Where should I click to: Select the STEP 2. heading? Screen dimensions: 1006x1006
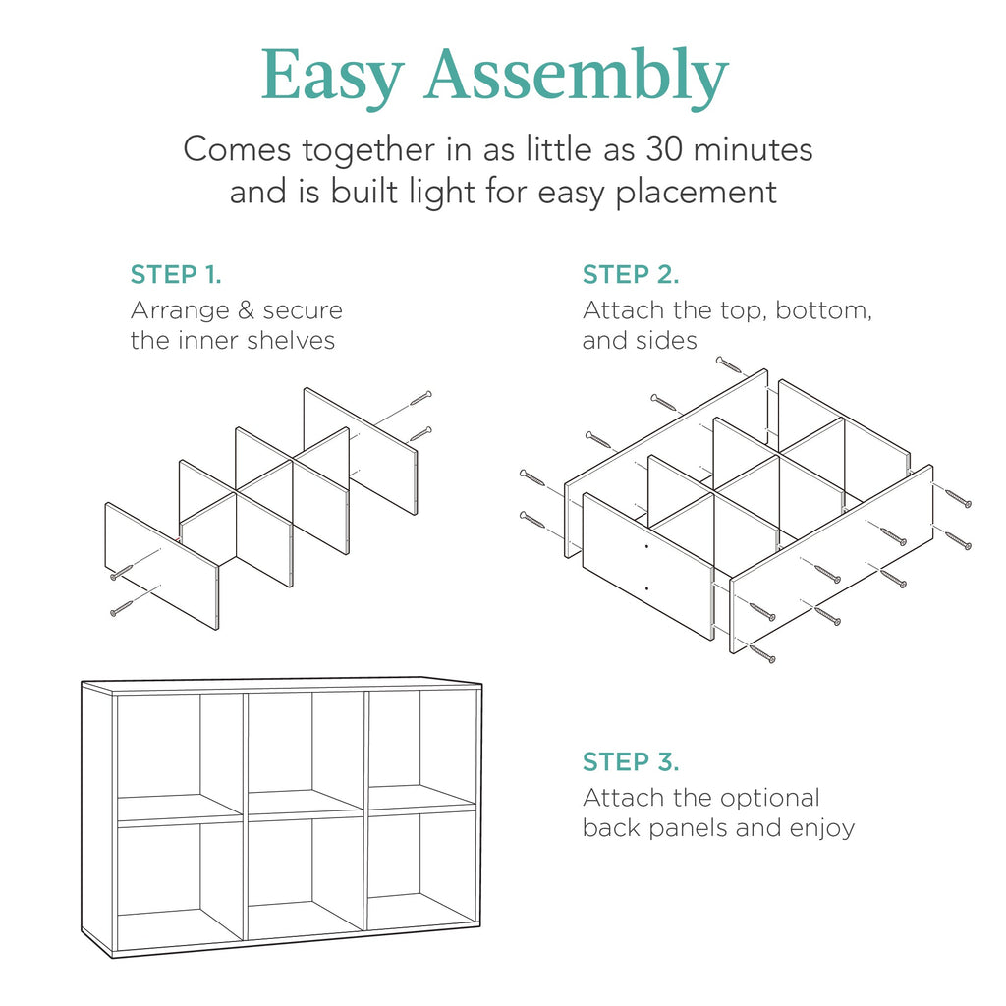(631, 274)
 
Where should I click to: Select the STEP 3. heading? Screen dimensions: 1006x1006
(631, 761)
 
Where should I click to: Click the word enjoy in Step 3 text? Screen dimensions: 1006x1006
(822, 828)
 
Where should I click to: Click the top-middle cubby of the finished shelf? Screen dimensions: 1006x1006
(305, 747)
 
